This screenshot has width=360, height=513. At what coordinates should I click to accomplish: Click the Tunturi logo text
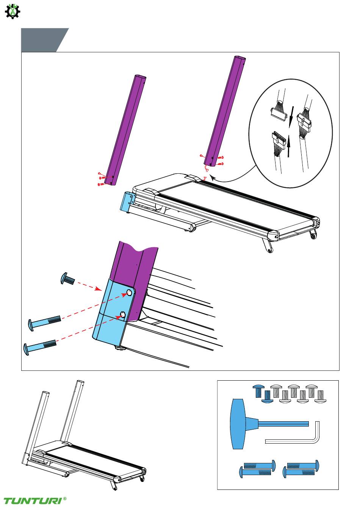point(33,500)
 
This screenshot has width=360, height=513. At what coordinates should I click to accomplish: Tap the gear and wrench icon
point(13,11)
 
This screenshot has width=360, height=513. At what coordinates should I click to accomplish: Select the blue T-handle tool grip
point(238,424)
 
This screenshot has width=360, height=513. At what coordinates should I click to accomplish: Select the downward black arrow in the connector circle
point(291,117)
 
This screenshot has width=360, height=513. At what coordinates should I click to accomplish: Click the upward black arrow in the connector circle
point(289,146)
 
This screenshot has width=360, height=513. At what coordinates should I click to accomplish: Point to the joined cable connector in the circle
point(304,121)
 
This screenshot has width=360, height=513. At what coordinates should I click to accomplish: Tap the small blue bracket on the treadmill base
point(128,202)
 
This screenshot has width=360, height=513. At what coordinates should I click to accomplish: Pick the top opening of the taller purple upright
point(240,58)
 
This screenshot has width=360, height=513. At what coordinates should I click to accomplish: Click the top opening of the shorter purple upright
point(140,77)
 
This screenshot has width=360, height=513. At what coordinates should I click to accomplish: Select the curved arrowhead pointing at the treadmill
point(213,177)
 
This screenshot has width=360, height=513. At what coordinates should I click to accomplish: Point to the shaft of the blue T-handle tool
point(283,424)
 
